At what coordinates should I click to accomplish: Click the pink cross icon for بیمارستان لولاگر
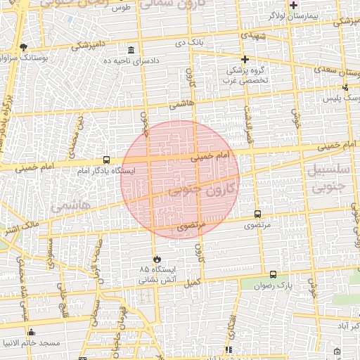[x=293, y=5]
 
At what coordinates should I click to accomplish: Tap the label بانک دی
[x=190, y=43]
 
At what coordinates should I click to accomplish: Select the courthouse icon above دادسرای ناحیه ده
[x=131, y=50]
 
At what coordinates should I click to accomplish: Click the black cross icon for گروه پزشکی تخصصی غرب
[x=245, y=59]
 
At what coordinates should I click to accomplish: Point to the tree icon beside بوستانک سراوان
[x=23, y=47]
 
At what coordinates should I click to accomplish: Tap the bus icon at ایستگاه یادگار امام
[x=106, y=160]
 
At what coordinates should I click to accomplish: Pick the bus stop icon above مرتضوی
[x=257, y=214]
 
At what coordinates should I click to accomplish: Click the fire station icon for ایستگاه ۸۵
[x=156, y=259]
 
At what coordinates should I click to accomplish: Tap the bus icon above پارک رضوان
[x=273, y=274]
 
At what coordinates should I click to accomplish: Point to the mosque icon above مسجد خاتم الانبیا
[x=30, y=332]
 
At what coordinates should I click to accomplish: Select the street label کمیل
[x=192, y=282]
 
